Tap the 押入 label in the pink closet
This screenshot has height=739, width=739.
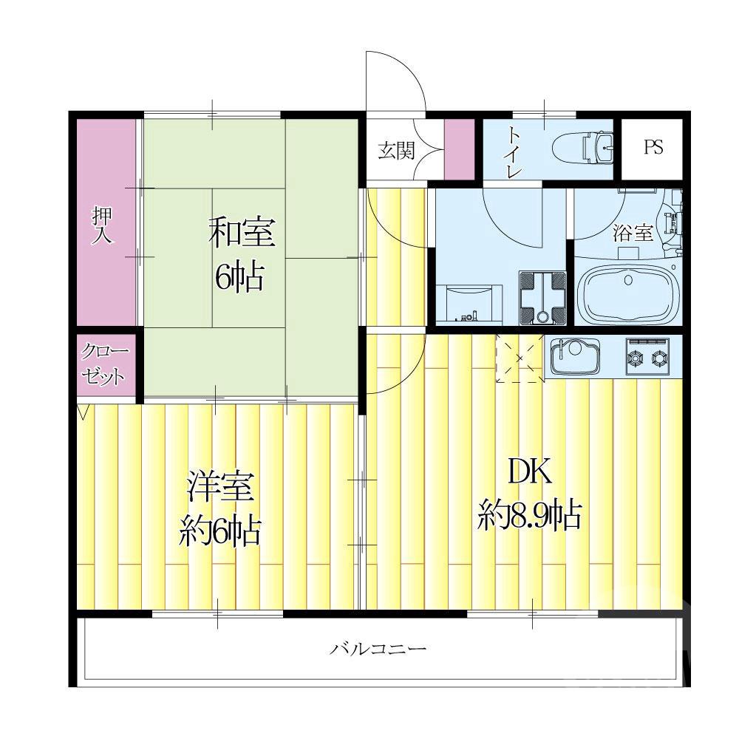pos(102,225)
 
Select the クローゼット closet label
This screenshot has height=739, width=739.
pos(105,364)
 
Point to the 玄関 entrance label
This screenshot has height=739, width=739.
pos(396,151)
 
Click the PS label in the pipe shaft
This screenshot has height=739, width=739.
pos(653,147)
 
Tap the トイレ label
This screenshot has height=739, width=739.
pos(512,151)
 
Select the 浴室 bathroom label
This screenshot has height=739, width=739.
pos(633,232)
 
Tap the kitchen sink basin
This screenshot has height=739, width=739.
pos(573,356)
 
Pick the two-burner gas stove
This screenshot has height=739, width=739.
pos(647,356)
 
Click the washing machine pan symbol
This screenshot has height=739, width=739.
pos(542,297)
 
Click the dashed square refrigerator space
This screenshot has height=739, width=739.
pos(520,358)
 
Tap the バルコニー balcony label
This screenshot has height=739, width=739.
pos(377,649)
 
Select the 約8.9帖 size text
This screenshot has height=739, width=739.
pos(529,516)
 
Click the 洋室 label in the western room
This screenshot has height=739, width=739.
pos(220,486)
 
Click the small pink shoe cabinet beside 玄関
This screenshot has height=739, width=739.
pos(460,149)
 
